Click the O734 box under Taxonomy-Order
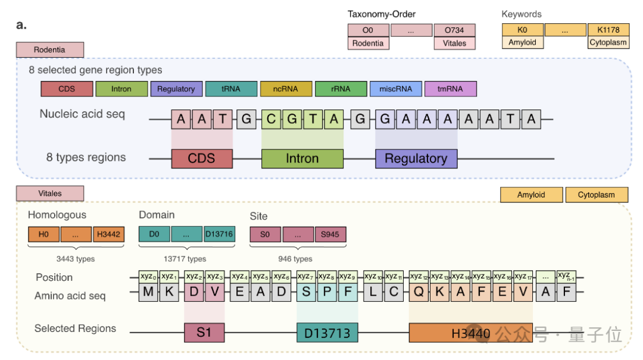coord(454,30)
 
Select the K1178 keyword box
coord(608,30)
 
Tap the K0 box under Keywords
coord(522,30)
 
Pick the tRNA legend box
coord(230,89)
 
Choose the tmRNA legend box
coord(450,89)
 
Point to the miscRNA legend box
coord(395,89)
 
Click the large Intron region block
coord(302,159)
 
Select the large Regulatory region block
coord(416,159)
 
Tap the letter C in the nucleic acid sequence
coord(271,119)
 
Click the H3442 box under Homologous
coord(108,234)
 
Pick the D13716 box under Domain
coord(219,234)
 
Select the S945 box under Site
coord(330,234)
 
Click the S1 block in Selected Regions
coord(204,333)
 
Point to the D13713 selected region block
coord(327,333)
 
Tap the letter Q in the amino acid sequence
coord(419,292)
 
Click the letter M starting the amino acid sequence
coord(148,292)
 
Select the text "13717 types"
coord(185,259)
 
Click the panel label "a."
coord(21,26)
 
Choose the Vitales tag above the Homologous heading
coord(50,193)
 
